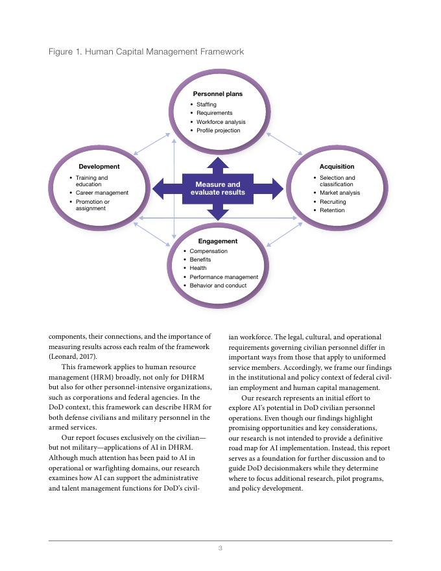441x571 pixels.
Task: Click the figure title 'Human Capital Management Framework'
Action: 165,51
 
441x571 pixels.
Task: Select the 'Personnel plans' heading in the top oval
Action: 218,94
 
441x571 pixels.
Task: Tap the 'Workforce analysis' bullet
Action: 220,122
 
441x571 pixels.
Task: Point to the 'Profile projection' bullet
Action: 218,130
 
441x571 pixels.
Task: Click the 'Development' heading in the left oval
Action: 99,167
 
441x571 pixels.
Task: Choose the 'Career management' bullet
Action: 102,193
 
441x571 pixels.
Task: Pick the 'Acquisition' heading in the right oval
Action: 337,167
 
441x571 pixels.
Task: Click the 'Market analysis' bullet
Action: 340,193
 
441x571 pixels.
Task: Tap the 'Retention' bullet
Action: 332,210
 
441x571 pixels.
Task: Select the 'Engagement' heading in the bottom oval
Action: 218,241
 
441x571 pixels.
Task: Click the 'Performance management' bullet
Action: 224,277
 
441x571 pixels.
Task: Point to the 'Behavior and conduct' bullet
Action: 218,285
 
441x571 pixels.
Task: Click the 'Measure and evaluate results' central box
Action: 218,189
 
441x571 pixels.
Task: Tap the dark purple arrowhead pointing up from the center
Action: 218,164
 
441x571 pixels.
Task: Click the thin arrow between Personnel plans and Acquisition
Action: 285,144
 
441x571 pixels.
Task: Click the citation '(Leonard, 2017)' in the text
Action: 73,357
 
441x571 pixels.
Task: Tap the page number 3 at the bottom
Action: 220,548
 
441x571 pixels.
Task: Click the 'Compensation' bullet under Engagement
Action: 208,251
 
